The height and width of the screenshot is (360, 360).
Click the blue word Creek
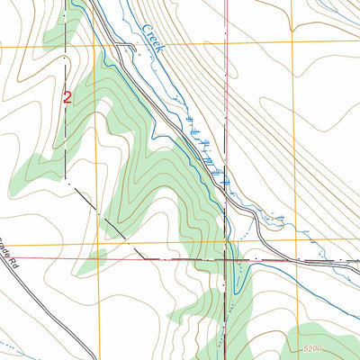tap(151, 41)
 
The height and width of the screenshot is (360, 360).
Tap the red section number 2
tap(67, 96)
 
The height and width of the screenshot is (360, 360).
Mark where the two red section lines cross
tap(226, 259)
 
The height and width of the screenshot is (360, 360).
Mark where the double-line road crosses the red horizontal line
tap(269, 259)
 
